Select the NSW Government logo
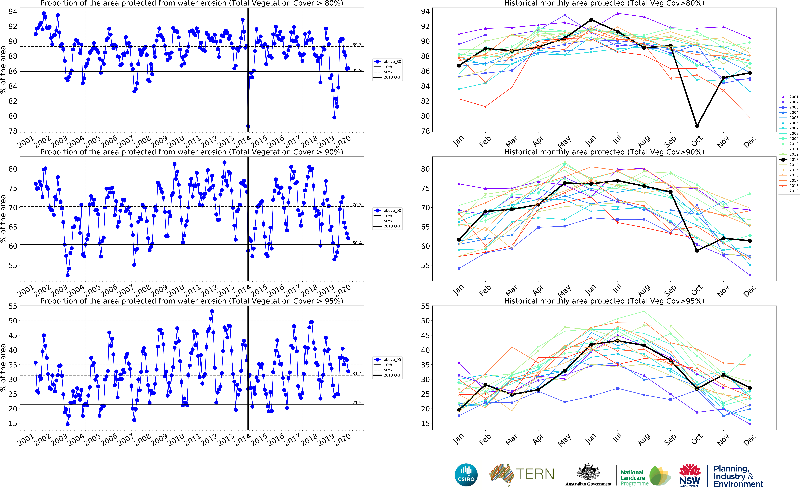point(690,475)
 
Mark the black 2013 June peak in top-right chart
point(591,20)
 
